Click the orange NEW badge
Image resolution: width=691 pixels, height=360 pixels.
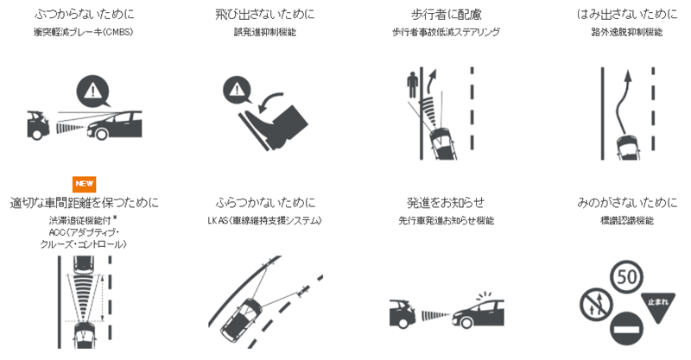click(84, 184)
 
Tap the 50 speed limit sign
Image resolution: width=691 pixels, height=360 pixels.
click(626, 277)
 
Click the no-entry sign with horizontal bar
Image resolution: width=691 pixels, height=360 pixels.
click(627, 328)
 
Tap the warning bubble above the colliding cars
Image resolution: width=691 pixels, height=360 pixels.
click(93, 92)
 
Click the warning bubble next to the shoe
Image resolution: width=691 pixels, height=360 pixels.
click(237, 91)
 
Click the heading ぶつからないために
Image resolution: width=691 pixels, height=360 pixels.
click(84, 15)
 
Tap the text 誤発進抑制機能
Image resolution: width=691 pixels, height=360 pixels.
click(265, 32)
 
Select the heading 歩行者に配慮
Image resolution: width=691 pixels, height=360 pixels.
click(446, 15)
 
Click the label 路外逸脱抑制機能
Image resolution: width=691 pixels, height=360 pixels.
click(627, 32)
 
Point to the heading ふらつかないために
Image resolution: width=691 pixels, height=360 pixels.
click(265, 203)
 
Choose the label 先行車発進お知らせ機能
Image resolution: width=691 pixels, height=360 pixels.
click(446, 220)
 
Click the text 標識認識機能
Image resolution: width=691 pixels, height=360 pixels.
click(627, 220)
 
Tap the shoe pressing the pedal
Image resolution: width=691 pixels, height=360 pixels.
click(276, 124)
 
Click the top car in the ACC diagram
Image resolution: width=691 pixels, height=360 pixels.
click(84, 263)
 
